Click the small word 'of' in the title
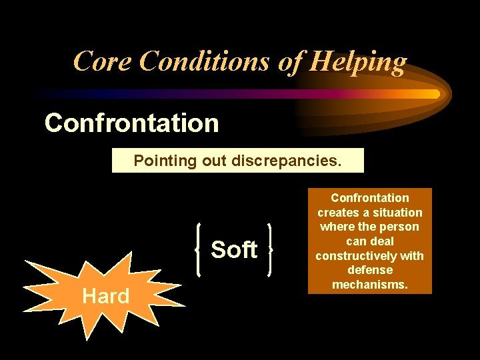coord(285,61)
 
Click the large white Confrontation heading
coord(131,123)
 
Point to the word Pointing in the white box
coord(161,161)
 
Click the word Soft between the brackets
coord(233,249)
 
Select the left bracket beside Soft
coord(200,249)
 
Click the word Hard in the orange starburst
coord(105,296)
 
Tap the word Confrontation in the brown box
coord(370,198)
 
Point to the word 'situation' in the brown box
coord(397,213)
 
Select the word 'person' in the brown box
coord(400,227)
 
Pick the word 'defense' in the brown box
coord(370,270)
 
